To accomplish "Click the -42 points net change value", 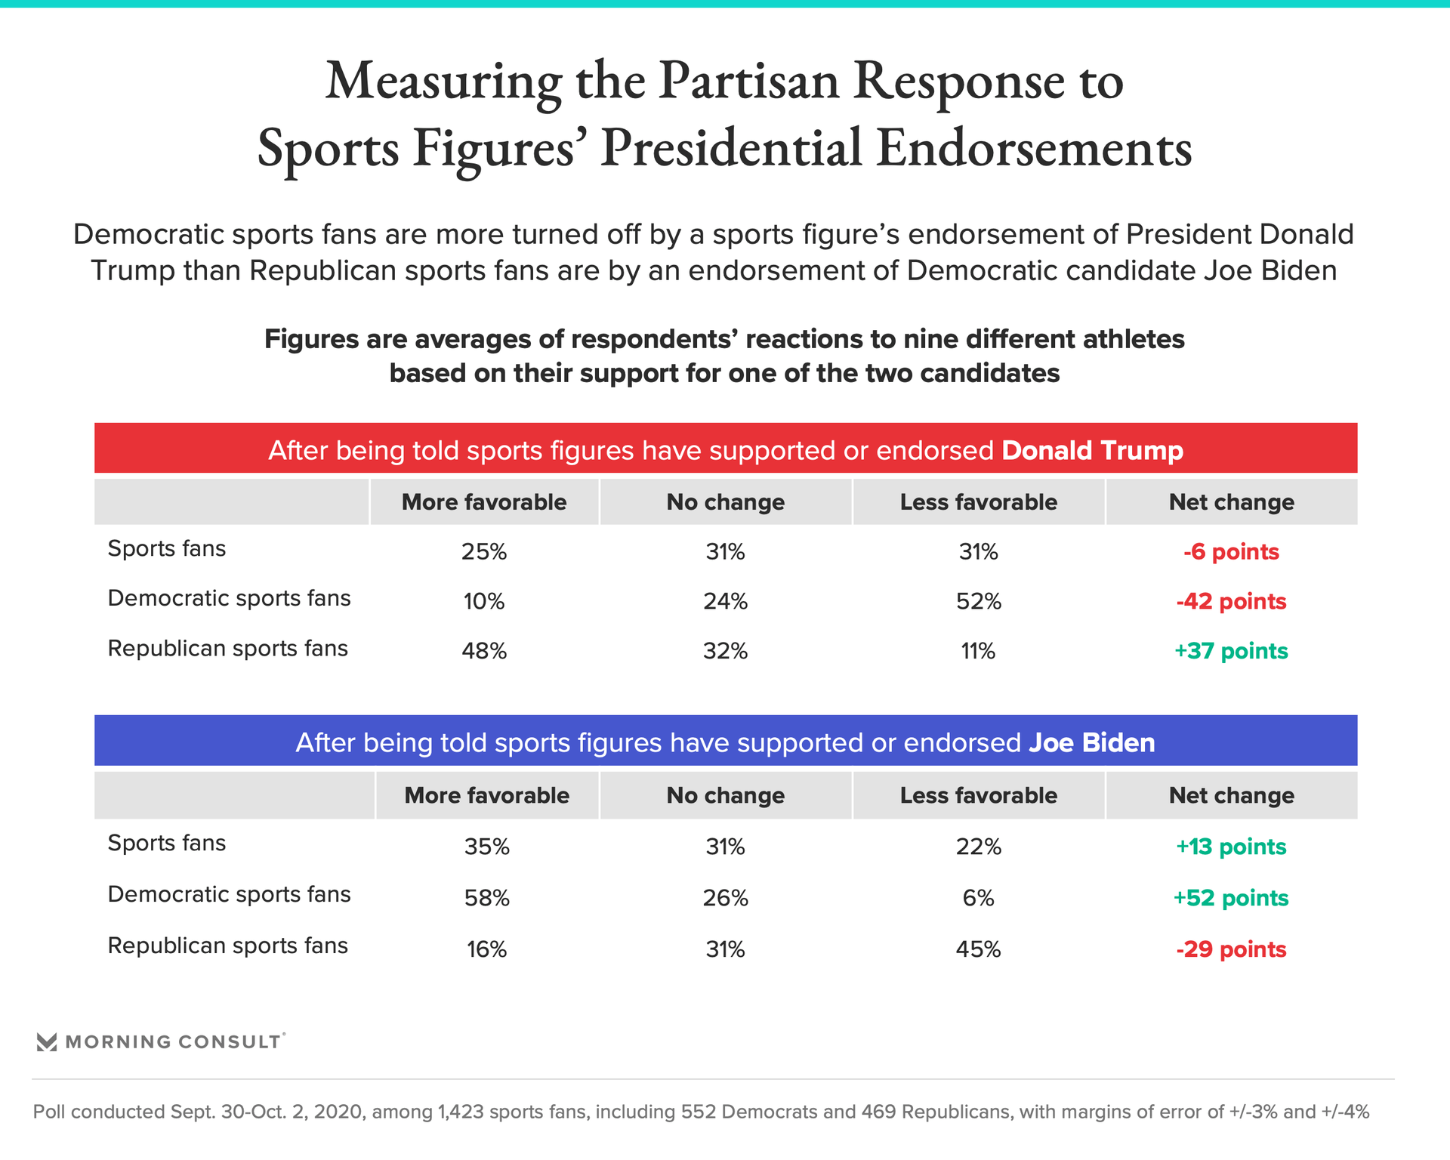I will coord(1231,601).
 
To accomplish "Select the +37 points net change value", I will coord(1231,651).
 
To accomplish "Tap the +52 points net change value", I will coord(1231,898).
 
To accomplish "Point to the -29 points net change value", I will coord(1231,949).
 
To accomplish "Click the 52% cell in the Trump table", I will coord(979,601).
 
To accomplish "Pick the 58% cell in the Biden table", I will coord(487,898).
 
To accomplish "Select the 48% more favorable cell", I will coord(484,651).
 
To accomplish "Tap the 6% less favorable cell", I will coord(979,898).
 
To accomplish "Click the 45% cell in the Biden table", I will coord(979,949).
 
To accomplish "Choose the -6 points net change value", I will coord(1231,552).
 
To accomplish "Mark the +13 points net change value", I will coord(1231,847).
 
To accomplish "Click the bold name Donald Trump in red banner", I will coord(1092,450).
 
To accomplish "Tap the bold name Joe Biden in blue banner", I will coord(1091,742).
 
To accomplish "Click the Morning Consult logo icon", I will coord(47,1042).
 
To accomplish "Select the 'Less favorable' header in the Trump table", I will coord(979,502).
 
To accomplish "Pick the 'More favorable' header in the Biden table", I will coord(487,795).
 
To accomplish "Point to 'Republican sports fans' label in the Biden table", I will coord(228,946).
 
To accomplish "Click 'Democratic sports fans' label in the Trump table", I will coord(230,598).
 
